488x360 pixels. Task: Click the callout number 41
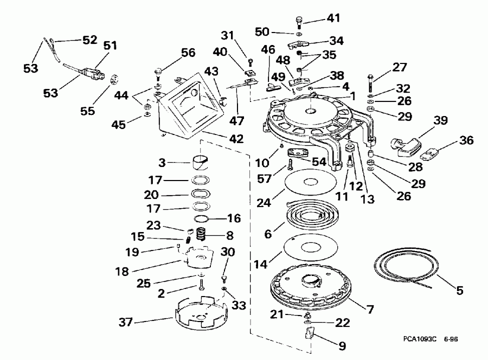click(333, 18)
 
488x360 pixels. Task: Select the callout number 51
click(111, 46)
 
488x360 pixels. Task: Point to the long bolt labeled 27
click(371, 81)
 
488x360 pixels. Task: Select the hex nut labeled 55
click(115, 79)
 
